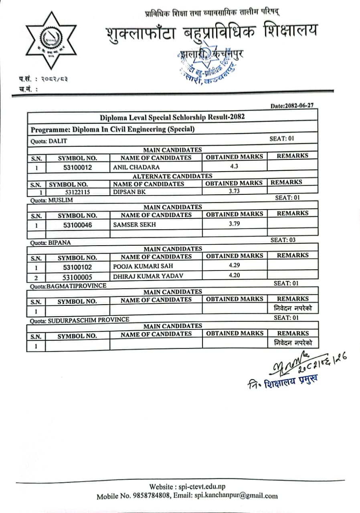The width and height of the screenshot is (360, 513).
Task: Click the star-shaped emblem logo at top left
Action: click(51, 40)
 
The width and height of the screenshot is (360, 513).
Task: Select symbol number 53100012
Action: click(77, 168)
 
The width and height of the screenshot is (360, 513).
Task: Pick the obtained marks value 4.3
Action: click(235, 166)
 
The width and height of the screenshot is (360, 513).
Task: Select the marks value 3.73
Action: click(234, 191)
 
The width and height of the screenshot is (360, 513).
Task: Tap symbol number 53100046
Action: click(77, 225)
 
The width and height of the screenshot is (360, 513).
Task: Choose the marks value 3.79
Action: click(235, 224)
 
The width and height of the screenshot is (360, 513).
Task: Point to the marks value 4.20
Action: click(235, 275)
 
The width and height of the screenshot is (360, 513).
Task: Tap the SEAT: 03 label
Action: click(283, 240)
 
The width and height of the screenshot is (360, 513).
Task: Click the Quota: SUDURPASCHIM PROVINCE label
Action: click(80, 320)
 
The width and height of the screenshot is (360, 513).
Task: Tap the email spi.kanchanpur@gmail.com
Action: click(236, 496)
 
